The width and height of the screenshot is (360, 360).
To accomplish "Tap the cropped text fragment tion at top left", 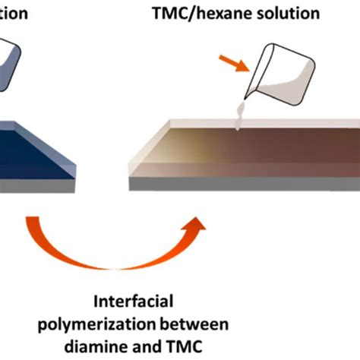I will click(14, 14).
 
